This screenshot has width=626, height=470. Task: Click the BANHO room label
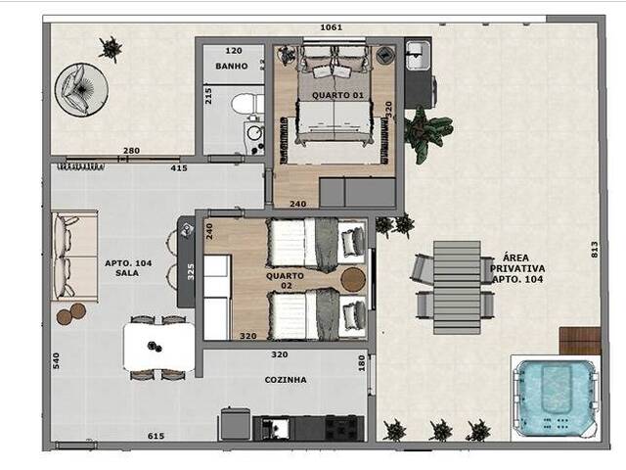(232, 66)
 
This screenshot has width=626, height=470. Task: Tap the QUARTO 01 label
(337, 95)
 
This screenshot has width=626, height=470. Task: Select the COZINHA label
(286, 380)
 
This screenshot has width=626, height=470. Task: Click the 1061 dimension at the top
(332, 27)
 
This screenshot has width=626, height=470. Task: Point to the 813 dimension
(595, 250)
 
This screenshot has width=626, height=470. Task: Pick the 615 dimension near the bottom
(156, 436)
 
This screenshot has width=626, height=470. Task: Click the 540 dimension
(56, 361)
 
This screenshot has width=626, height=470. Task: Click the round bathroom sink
(253, 132)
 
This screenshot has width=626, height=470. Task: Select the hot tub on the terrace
(556, 397)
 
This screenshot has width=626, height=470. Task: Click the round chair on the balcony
(81, 89)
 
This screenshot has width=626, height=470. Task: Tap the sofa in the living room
(74, 257)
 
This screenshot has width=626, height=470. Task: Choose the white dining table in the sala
(158, 347)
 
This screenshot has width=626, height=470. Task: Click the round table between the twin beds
(353, 280)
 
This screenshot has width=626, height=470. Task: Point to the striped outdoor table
(457, 287)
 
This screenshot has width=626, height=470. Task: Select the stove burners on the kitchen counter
(341, 428)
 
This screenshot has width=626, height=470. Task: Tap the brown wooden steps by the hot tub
(580, 341)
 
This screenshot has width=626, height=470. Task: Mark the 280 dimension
(131, 151)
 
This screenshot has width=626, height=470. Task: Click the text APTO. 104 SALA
(128, 268)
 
